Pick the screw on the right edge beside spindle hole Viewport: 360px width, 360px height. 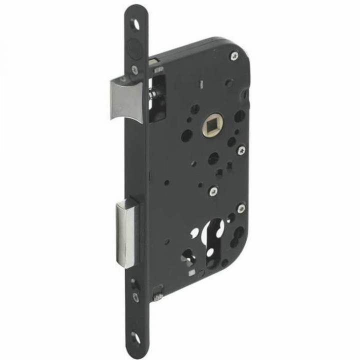click(x=241, y=148)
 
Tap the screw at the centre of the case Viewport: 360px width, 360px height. click(x=214, y=190)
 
